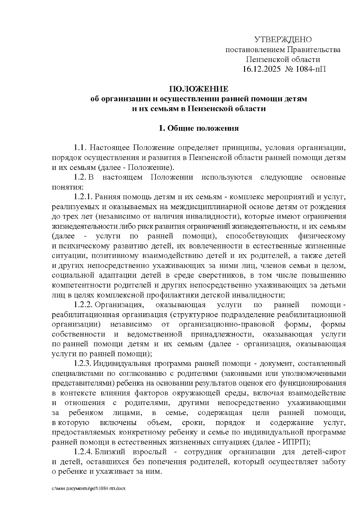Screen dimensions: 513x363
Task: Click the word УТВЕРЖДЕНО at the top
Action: click(x=283, y=40)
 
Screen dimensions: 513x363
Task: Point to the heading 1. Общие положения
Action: click(x=199, y=128)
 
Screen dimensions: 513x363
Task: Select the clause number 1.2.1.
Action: click(x=83, y=197)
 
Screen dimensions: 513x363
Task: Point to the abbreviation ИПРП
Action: click(x=294, y=442)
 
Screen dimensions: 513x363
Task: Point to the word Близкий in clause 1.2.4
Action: click(x=110, y=452)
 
